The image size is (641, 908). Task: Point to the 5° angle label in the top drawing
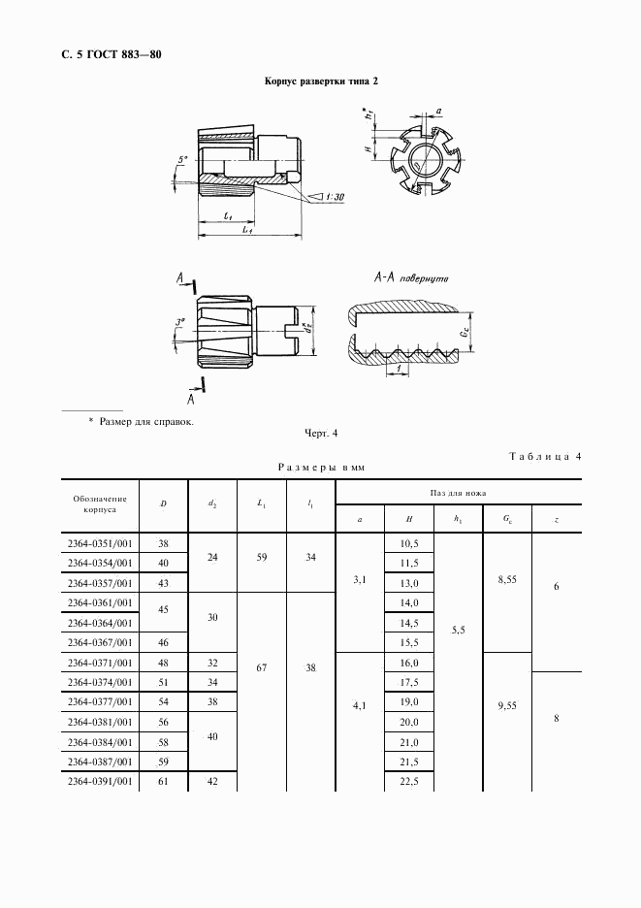183,159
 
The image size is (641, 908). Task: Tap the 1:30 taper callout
333,197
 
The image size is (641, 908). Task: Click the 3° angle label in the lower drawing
180,322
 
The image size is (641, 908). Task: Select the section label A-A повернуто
409,278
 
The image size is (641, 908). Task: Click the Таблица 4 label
544,457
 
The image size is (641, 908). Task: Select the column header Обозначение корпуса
100,503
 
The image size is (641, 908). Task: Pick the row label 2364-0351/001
100,543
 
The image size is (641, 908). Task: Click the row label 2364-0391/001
100,781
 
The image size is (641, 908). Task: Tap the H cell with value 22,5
408,782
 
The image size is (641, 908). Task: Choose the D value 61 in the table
163,781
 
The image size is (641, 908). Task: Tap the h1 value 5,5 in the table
458,629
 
